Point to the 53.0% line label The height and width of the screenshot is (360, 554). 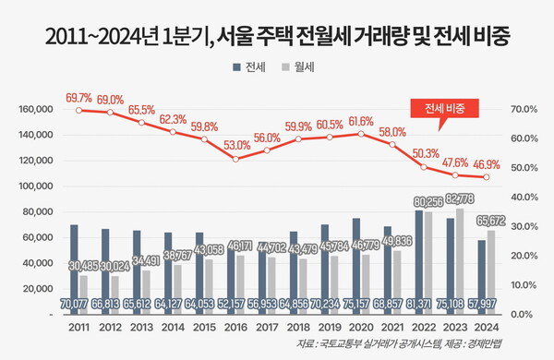click(237, 146)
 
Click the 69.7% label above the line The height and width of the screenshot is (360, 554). click(78, 97)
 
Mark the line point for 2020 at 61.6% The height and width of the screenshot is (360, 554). click(360, 135)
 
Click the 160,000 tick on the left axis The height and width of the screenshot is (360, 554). click(37, 109)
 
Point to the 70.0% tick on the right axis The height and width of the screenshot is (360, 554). click(523, 109)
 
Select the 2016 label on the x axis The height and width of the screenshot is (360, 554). click(237, 326)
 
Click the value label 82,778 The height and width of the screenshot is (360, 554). click(459, 198)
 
